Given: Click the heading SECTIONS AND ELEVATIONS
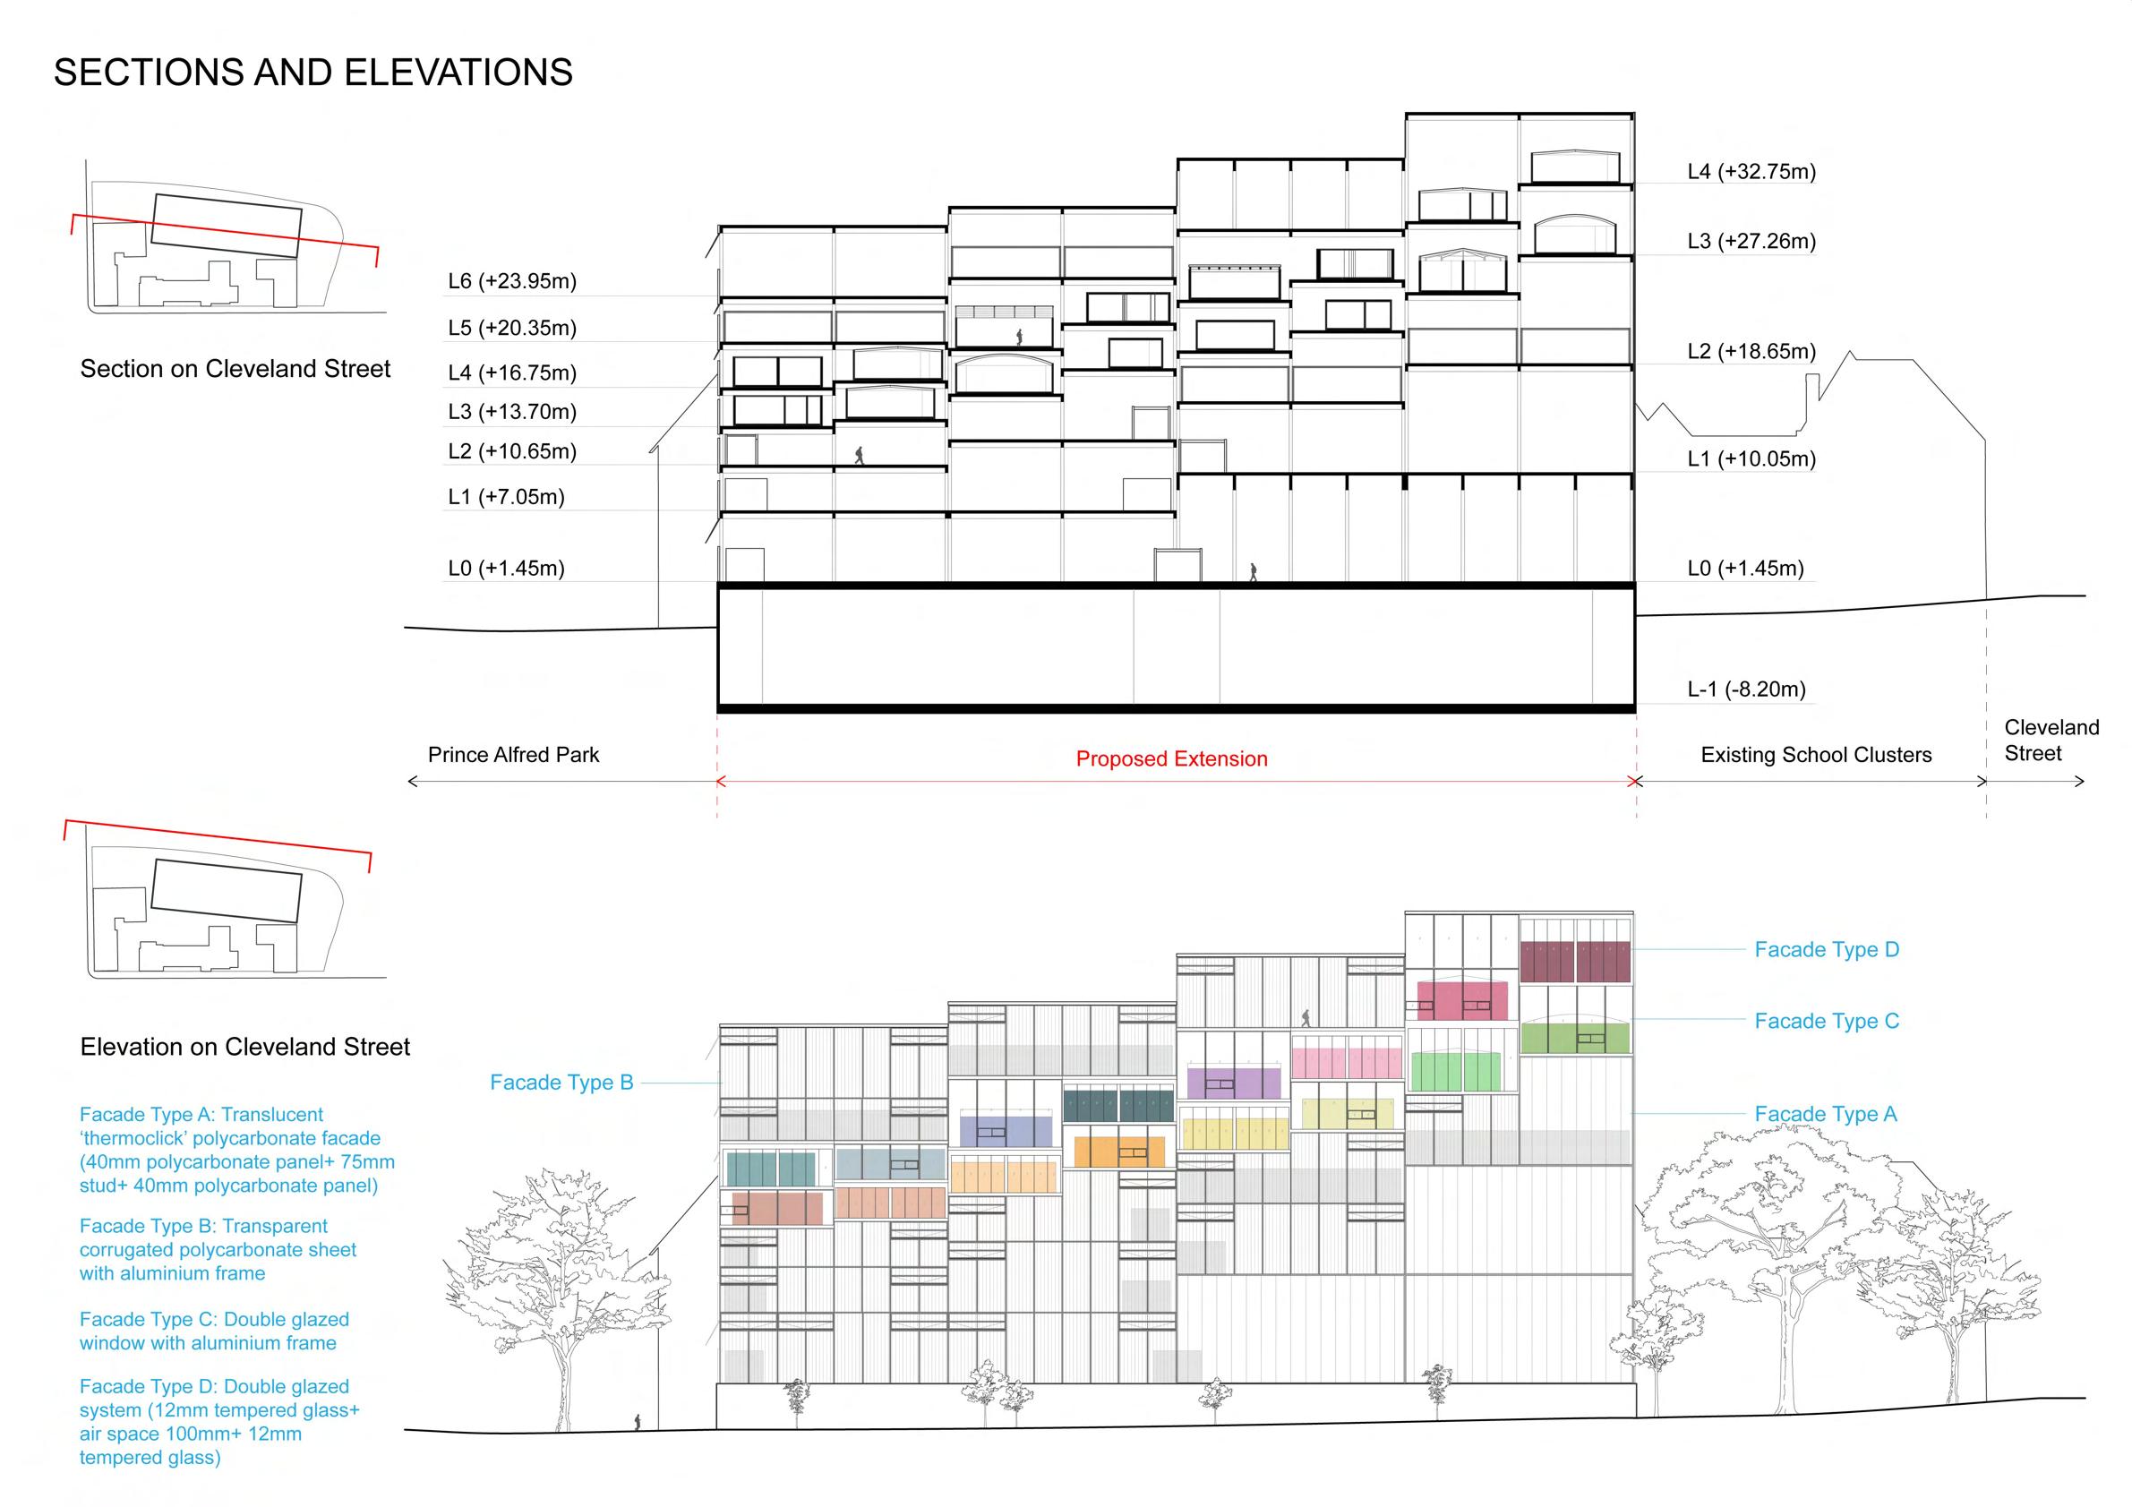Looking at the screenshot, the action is (313, 73).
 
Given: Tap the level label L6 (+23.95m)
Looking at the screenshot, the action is (511, 280).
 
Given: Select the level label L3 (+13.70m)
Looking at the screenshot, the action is (511, 411).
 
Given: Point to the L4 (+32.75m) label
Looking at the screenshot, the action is (1751, 171).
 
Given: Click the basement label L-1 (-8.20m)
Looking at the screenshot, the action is (1746, 689).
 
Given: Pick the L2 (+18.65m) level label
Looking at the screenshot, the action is (1751, 351).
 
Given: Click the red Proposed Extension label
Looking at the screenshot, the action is (1171, 758).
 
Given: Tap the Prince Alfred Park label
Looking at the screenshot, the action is (512, 754).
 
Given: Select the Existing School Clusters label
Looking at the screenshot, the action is (1815, 755).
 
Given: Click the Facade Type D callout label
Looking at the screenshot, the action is (1826, 949).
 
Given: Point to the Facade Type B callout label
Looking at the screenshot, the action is (561, 1082).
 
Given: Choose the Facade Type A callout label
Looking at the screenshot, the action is (1825, 1113).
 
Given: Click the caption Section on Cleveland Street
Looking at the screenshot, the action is (235, 369).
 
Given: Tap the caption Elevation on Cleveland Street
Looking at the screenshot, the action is (244, 1047).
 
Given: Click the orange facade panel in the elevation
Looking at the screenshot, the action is (1118, 1152).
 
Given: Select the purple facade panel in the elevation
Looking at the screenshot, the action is (1233, 1083).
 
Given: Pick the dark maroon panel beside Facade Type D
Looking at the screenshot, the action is (1575, 961).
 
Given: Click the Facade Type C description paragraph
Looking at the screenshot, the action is (214, 1331).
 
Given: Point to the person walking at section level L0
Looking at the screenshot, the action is (1253, 572).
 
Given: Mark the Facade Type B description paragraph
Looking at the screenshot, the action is (218, 1249).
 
